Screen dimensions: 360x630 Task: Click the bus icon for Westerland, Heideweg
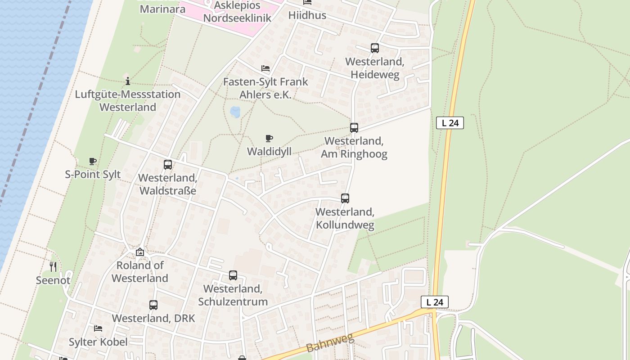(375, 48)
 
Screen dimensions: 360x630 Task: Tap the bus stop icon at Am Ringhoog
(354, 128)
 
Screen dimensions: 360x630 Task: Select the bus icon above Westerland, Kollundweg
(345, 198)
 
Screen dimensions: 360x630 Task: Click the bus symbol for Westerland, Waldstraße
(168, 165)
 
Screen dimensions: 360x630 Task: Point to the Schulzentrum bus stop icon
(233, 275)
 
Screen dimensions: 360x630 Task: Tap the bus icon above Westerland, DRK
(153, 305)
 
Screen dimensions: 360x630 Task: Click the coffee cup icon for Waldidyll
(269, 138)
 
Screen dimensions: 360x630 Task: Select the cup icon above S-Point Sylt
(93, 161)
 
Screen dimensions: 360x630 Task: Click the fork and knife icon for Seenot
(53, 267)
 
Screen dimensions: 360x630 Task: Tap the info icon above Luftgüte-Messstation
(128, 81)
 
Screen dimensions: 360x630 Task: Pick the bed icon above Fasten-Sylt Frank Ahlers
(265, 68)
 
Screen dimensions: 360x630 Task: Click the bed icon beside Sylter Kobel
(98, 328)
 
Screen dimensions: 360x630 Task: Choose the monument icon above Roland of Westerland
(140, 252)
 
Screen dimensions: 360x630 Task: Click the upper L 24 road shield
(450, 123)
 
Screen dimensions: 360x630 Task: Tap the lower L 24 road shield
(435, 302)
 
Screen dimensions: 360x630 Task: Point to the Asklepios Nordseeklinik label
(237, 12)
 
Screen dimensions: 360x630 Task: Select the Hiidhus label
(307, 15)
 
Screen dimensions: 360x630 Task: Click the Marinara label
(156, 9)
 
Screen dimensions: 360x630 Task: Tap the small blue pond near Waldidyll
(235, 112)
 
